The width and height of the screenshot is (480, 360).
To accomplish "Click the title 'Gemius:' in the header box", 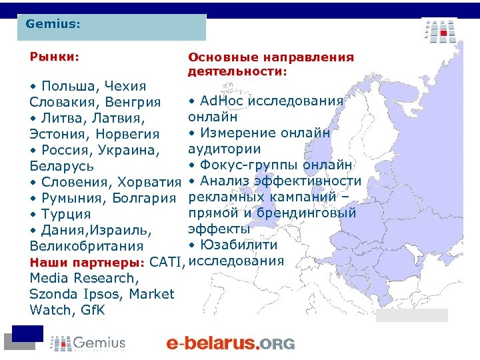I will (53, 24).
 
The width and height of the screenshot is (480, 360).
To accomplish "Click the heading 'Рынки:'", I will (54, 57).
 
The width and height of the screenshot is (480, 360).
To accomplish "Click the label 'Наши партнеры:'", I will (87, 261).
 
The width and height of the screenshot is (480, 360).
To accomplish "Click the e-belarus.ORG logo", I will (229, 343).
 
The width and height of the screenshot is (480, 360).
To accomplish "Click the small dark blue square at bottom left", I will (27, 333).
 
